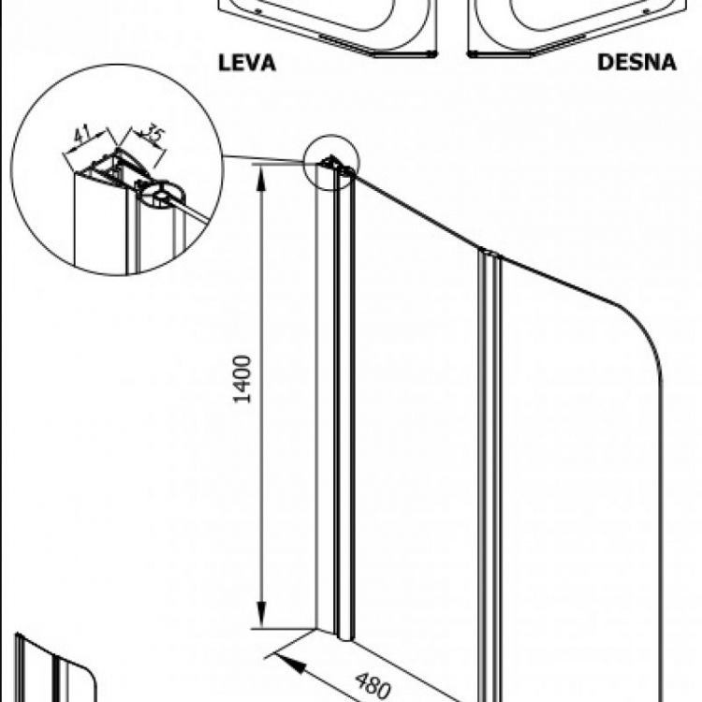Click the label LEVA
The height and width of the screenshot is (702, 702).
[247, 64]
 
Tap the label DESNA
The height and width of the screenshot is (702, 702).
[636, 64]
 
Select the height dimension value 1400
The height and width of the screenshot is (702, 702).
[242, 379]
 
